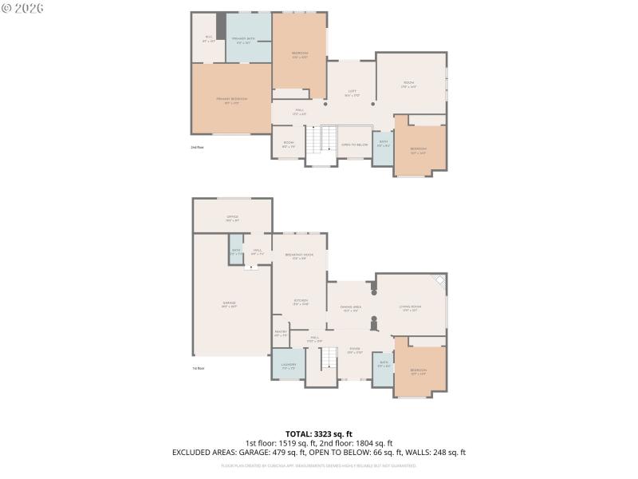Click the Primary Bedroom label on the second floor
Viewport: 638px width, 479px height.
coord(231,100)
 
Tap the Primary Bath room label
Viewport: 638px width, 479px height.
coord(243,40)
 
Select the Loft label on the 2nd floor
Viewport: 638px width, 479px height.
coord(352,93)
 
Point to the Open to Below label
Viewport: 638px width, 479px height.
coord(354,144)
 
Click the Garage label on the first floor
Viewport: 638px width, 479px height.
coord(229,304)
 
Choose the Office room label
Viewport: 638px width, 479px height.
coord(232,217)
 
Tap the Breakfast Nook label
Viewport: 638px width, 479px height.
coord(299,256)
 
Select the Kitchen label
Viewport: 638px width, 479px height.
coord(299,303)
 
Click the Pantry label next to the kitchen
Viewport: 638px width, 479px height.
coord(281,333)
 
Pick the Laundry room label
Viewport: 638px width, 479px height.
coord(288,366)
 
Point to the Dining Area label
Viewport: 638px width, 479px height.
coord(351,308)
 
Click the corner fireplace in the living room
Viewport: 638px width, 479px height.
coord(437,281)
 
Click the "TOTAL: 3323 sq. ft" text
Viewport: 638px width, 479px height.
coord(318,434)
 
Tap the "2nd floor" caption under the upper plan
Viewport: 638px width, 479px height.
coord(196,148)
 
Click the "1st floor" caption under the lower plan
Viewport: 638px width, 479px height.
coord(198,368)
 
